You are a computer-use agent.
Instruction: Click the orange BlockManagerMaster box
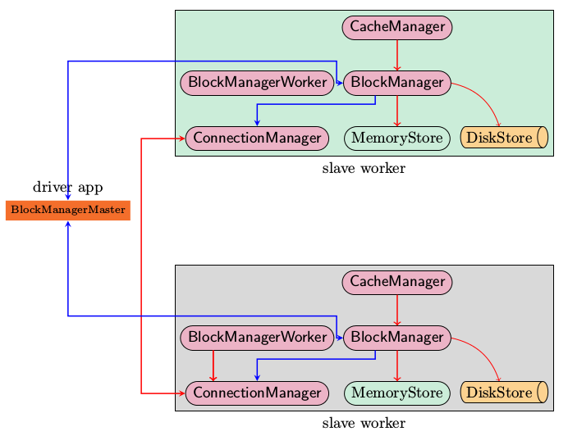(x=68, y=211)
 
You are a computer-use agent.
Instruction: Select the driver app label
(x=68, y=188)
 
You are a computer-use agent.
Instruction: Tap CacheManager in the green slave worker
(x=397, y=28)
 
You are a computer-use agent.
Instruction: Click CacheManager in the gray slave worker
(x=397, y=283)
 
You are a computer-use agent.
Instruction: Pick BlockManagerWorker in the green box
(x=257, y=83)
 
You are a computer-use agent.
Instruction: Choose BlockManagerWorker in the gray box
(x=257, y=338)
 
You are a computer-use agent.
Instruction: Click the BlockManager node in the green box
(x=397, y=83)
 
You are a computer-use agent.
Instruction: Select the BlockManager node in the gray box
(x=397, y=338)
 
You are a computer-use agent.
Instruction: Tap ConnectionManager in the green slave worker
(x=257, y=139)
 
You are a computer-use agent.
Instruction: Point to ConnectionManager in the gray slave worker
(x=257, y=393)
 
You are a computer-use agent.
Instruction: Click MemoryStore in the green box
(x=397, y=139)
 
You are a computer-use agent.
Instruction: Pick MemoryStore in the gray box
(x=397, y=393)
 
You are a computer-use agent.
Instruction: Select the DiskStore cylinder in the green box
(x=504, y=138)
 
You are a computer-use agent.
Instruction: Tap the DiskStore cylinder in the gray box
(x=504, y=393)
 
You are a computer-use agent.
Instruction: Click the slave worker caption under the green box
(x=364, y=168)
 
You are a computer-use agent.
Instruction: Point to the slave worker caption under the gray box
(x=364, y=423)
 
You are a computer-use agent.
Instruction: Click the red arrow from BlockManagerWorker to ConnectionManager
(x=213, y=366)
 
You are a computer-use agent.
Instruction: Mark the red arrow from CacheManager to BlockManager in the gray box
(x=397, y=310)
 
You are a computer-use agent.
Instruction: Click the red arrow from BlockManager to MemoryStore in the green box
(x=397, y=111)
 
